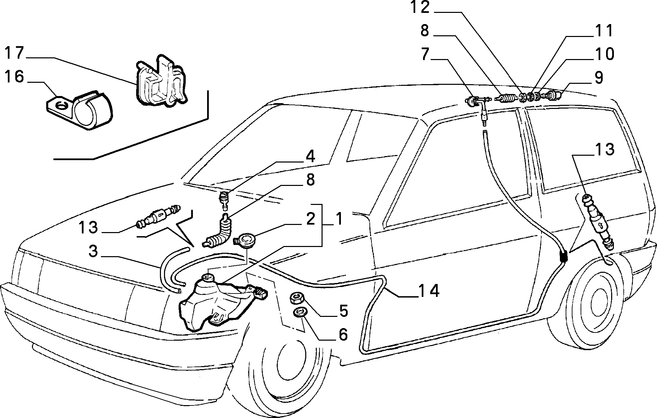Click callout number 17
coord(14,54)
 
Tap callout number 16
coord(14,77)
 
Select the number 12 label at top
coord(420,7)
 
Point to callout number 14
coord(429,291)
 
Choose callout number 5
coord(343,311)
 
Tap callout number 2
coord(310,220)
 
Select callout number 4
coord(310,157)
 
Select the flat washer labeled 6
coord(299,312)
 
